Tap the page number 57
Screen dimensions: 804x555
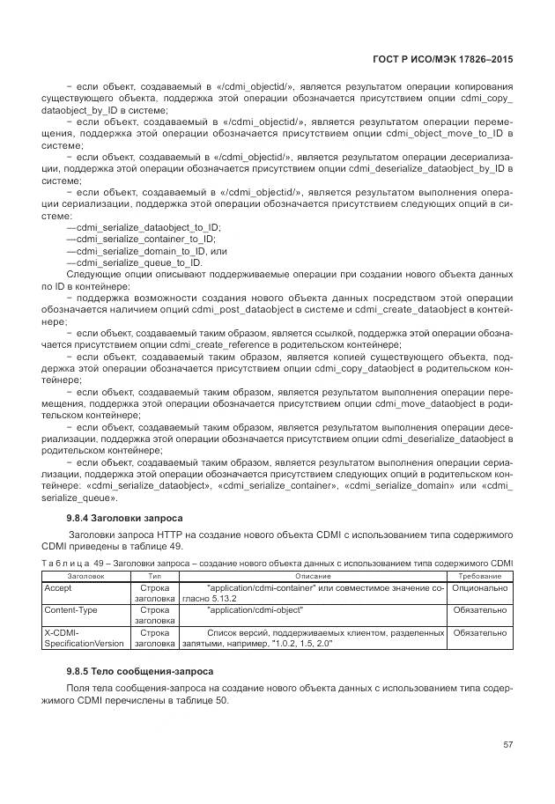508,744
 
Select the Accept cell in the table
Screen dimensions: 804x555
58,586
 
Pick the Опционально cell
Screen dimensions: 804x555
480,586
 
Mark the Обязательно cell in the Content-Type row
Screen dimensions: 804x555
480,609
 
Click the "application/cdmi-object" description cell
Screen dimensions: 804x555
255,609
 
